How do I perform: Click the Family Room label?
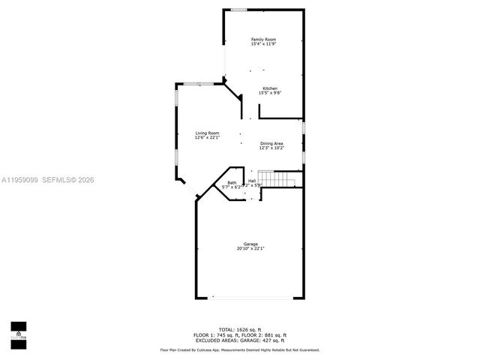pos(262,38)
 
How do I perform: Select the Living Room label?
pos(207,133)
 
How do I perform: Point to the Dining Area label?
pos(271,143)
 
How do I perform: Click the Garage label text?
pos(250,244)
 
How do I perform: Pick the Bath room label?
pos(232,182)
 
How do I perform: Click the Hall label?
pos(252,181)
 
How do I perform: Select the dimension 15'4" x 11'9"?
pos(262,43)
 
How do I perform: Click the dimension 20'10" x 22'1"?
pos(250,248)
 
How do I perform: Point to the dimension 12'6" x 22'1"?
pos(207,137)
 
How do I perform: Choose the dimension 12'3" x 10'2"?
pos(271,148)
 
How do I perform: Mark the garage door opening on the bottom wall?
pos(250,297)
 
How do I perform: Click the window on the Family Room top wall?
pos(238,9)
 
